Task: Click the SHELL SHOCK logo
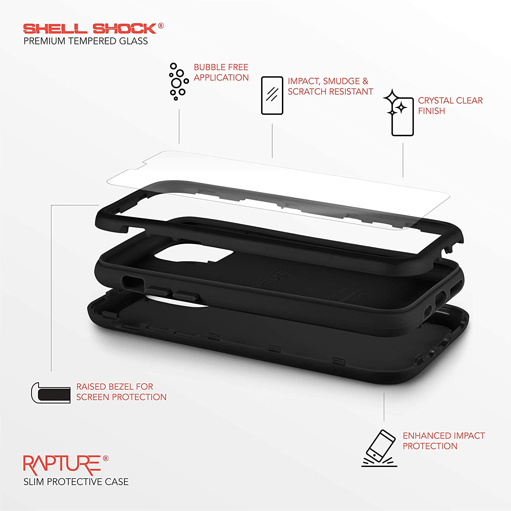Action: pyautogui.click(x=90, y=29)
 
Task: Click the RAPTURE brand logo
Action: pyautogui.click(x=62, y=465)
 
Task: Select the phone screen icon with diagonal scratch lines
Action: pyautogui.click(x=272, y=95)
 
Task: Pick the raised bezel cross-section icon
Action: pyautogui.click(x=51, y=392)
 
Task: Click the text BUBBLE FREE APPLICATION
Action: pyautogui.click(x=221, y=72)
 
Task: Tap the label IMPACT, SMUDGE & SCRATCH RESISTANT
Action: pyautogui.click(x=330, y=86)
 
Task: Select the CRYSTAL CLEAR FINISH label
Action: pyautogui.click(x=450, y=106)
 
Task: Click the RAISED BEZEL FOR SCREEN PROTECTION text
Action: pyautogui.click(x=121, y=392)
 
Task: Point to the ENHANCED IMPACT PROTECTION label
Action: pyautogui.click(x=444, y=441)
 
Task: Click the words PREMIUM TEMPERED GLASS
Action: pyautogui.click(x=86, y=41)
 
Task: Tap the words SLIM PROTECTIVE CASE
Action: pyautogui.click(x=76, y=482)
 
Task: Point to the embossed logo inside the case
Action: pyautogui.click(x=271, y=276)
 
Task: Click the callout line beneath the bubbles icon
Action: pyautogui.click(x=179, y=126)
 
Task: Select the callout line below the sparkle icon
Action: pyautogui.click(x=403, y=160)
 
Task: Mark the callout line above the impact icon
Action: pyautogui.click(x=384, y=407)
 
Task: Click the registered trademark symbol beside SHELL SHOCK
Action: pyautogui.click(x=161, y=26)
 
